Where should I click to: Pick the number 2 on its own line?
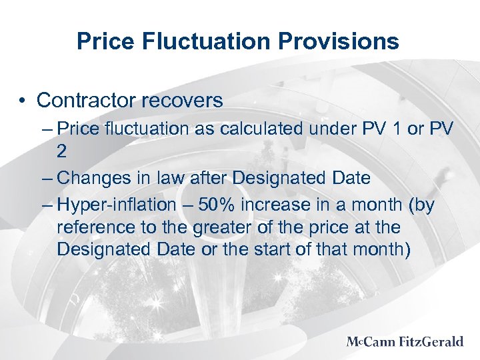(62, 151)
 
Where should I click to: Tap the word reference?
(93, 227)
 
